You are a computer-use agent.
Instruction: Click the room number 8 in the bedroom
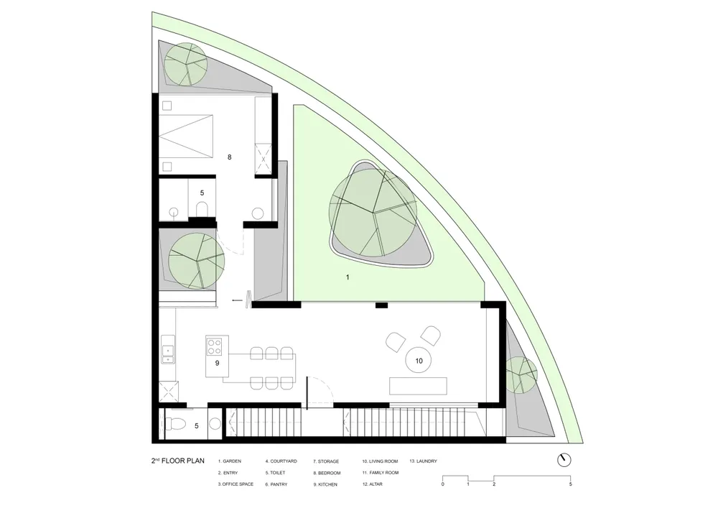(230, 157)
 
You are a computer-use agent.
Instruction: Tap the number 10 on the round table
(419, 361)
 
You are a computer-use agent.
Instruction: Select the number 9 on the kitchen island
(217, 364)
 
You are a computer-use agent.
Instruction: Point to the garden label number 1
(348, 277)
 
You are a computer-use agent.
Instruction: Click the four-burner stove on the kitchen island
(214, 346)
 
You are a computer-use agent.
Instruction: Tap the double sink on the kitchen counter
(167, 349)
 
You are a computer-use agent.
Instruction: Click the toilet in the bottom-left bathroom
(174, 425)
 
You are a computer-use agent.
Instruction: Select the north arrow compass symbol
(564, 460)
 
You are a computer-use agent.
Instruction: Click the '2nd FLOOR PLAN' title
(178, 461)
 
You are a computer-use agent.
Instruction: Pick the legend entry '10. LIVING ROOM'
(380, 461)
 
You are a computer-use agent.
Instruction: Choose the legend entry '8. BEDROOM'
(327, 473)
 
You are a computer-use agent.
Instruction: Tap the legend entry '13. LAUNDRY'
(423, 461)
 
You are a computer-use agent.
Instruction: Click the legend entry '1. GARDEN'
(230, 461)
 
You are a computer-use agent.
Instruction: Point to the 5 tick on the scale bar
(571, 484)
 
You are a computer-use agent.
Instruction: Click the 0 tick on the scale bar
(443, 484)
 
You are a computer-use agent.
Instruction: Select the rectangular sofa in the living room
(418, 386)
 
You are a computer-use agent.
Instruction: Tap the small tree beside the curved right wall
(521, 372)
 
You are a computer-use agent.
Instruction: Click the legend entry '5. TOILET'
(275, 473)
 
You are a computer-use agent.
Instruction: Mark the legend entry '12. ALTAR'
(372, 484)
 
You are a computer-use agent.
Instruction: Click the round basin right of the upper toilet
(258, 213)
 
